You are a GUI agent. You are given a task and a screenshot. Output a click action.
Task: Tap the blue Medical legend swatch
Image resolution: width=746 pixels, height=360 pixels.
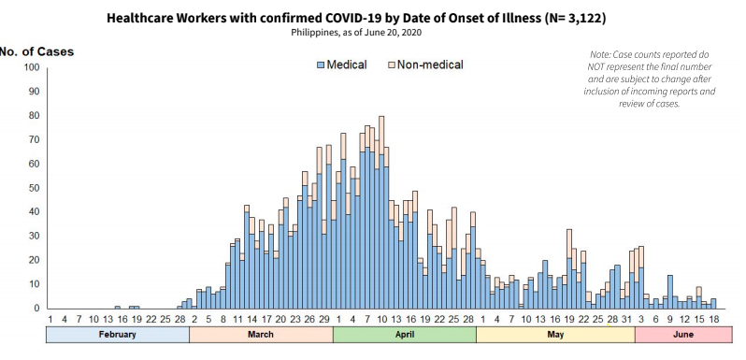coord(322,65)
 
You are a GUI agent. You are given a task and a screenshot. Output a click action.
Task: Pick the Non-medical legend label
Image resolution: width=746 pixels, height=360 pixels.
coord(431,65)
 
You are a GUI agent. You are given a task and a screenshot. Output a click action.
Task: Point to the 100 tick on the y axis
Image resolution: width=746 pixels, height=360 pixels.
coord(31,68)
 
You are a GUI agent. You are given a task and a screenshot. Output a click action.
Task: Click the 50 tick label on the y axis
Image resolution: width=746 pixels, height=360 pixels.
coord(34,188)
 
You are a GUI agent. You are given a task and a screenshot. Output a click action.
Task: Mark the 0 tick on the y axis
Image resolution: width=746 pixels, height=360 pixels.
coord(36,309)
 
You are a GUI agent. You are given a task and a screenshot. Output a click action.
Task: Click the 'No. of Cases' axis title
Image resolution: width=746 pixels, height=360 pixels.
coord(36,50)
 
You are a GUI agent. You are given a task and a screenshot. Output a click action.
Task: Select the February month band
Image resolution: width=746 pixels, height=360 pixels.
coord(117,335)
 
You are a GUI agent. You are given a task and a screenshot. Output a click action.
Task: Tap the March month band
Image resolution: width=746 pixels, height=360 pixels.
coord(261,335)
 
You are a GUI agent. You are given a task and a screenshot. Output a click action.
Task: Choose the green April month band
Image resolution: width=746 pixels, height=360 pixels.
coord(405,335)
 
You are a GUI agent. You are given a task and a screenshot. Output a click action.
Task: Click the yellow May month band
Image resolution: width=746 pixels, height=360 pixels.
coord(555,335)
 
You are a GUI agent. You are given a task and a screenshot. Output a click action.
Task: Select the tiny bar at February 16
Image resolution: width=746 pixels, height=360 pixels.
coord(117,307)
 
